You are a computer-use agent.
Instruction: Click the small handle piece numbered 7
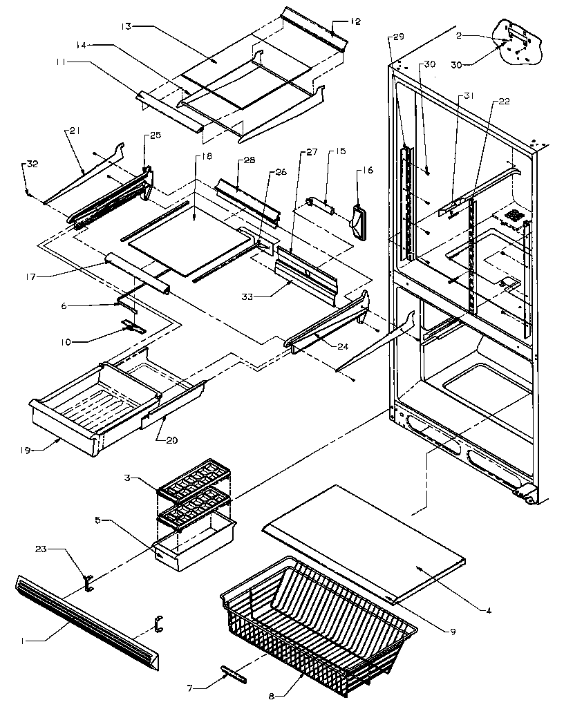pos(233,674)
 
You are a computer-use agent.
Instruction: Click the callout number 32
pos(31,164)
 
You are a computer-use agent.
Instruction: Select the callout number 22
pos(504,102)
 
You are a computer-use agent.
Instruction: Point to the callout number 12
pos(355,21)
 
